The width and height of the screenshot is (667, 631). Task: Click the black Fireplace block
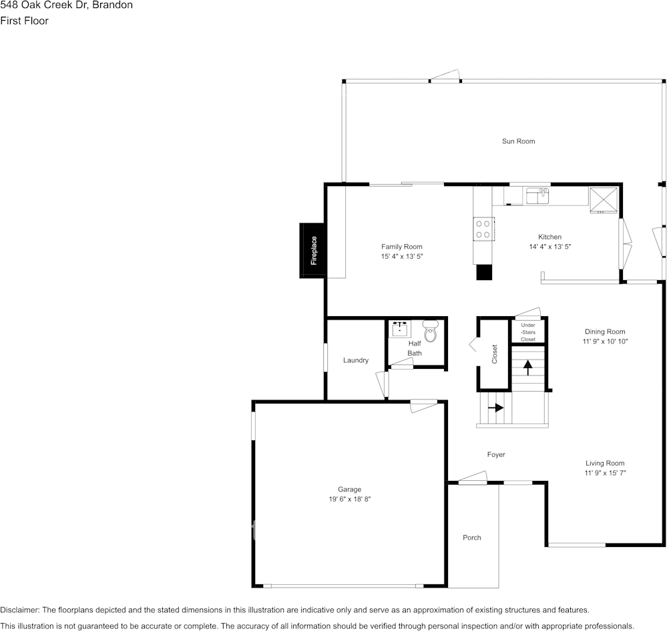click(x=312, y=251)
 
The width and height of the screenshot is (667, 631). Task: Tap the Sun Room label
click(x=518, y=141)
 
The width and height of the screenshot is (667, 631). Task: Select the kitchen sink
click(x=537, y=196)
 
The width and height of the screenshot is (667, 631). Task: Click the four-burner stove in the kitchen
click(x=483, y=229)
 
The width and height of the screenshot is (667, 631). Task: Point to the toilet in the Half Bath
click(x=431, y=331)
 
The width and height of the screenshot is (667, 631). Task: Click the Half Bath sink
click(x=400, y=328)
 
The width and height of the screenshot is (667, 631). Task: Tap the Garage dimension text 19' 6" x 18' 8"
click(x=350, y=499)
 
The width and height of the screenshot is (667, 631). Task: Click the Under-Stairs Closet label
click(x=528, y=332)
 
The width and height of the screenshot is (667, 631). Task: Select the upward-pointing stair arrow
click(x=528, y=368)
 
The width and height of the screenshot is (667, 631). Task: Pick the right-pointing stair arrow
click(x=495, y=408)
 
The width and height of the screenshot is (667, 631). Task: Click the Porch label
click(x=472, y=538)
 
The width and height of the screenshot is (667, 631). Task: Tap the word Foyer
click(x=496, y=455)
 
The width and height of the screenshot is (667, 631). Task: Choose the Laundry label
click(x=356, y=360)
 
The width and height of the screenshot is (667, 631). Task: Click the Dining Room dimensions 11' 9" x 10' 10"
click(x=605, y=342)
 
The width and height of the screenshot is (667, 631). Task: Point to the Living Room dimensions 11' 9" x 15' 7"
click(x=605, y=473)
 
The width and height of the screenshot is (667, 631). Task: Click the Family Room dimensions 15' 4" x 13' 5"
click(x=402, y=256)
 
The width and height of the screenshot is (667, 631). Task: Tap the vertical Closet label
click(x=494, y=354)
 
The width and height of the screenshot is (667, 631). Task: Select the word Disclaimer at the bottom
click(x=19, y=610)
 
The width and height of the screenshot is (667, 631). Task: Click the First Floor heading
click(x=24, y=21)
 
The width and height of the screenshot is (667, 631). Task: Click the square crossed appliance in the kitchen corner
click(x=604, y=199)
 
